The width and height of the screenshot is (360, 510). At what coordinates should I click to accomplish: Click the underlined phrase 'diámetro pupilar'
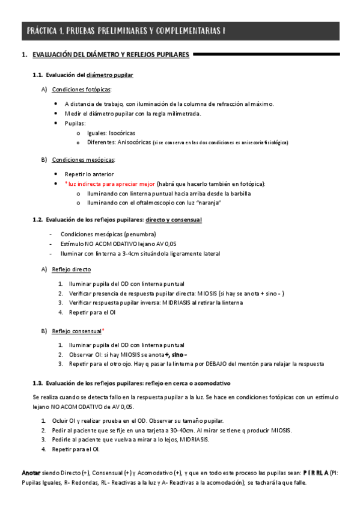(110, 75)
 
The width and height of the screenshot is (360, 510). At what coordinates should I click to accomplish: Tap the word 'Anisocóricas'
(133, 143)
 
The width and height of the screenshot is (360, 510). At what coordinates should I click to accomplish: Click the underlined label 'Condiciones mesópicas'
(84, 159)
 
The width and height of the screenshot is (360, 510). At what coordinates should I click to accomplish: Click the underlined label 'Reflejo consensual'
(76, 331)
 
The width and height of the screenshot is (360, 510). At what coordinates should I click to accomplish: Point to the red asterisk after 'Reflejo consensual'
(103, 330)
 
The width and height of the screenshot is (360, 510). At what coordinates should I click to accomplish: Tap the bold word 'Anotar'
(31, 473)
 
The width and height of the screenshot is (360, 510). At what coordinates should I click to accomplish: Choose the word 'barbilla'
(239, 194)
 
